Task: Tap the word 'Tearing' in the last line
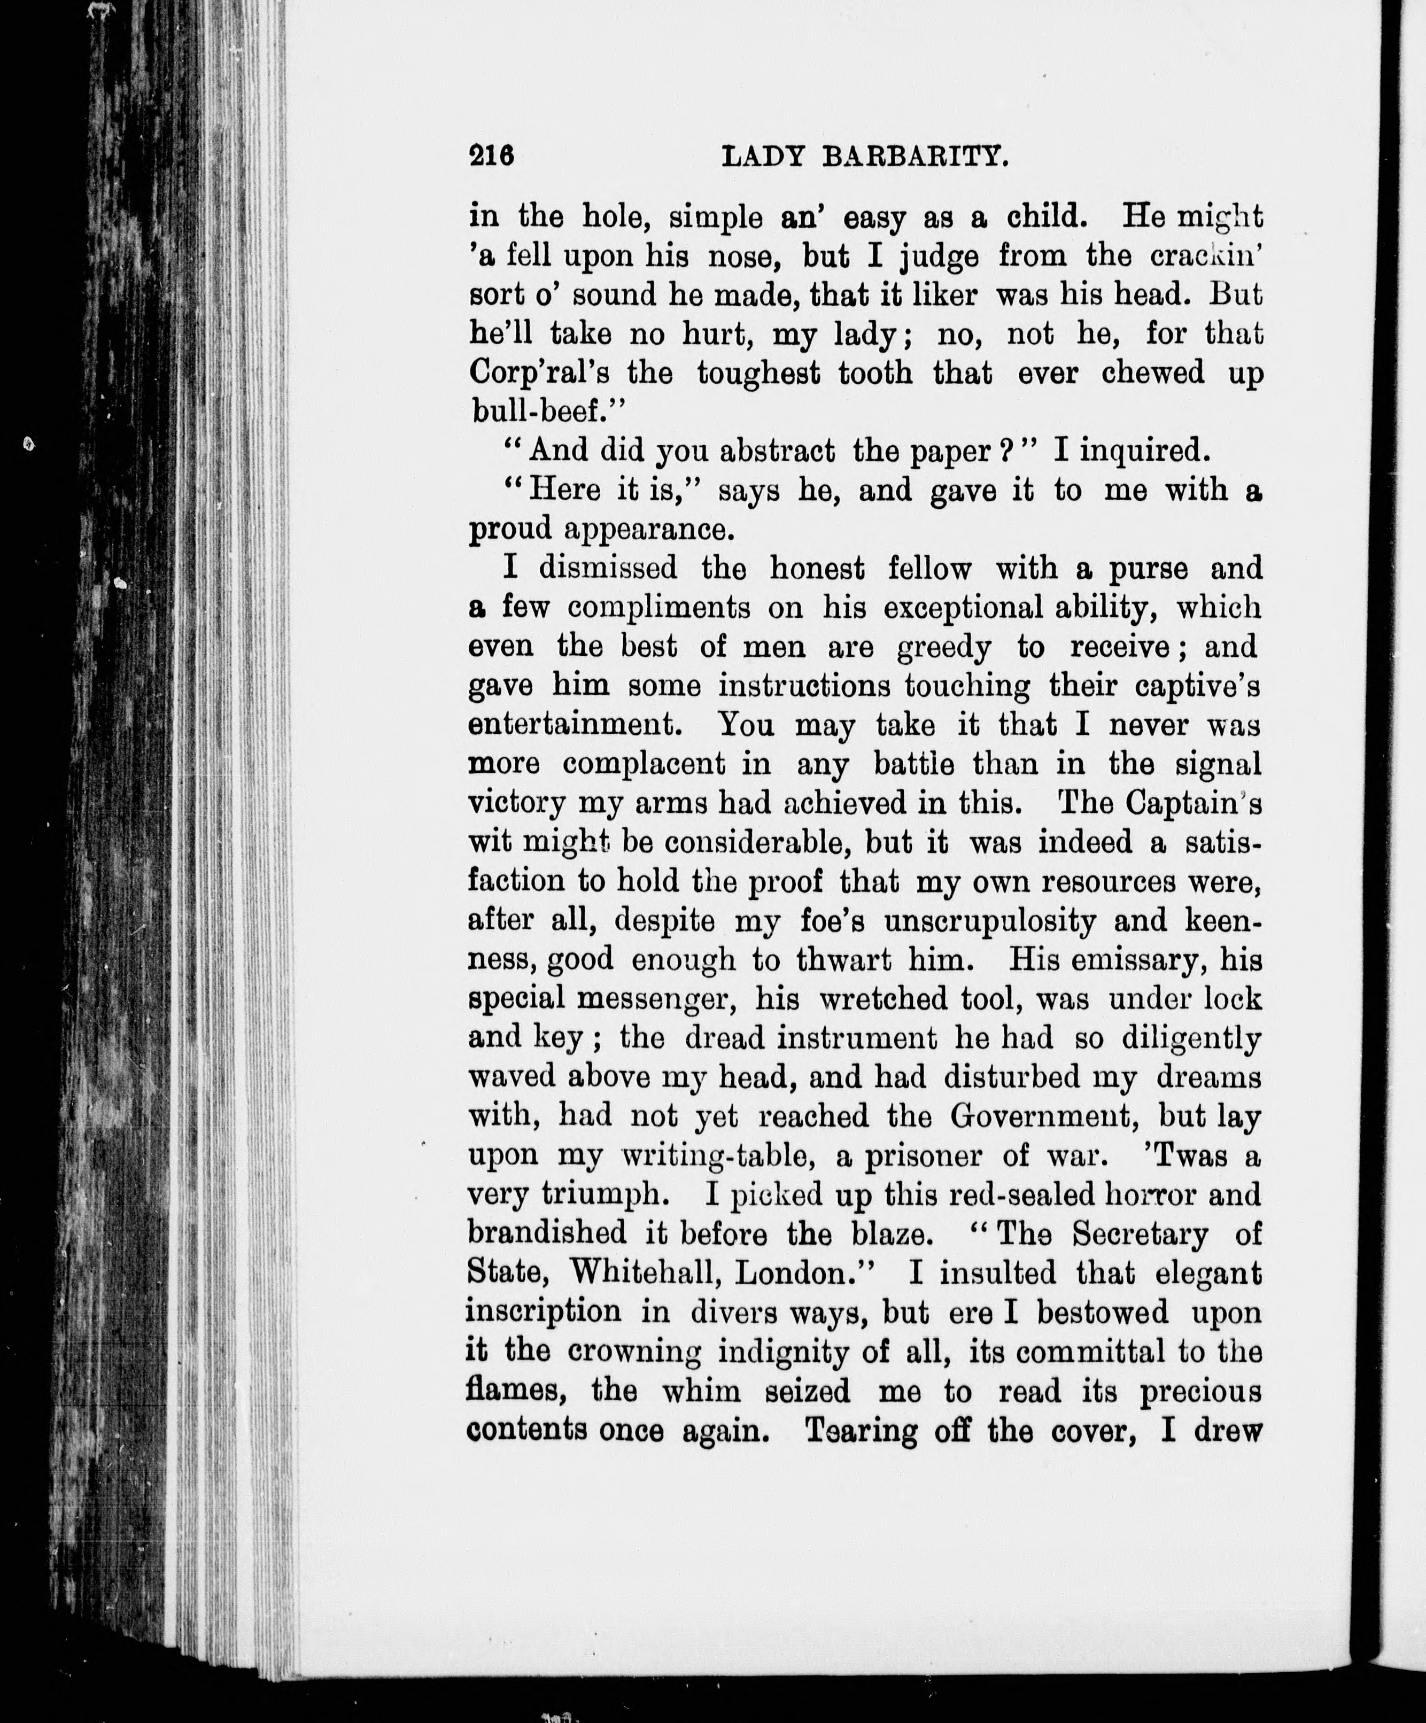tap(861, 1430)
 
